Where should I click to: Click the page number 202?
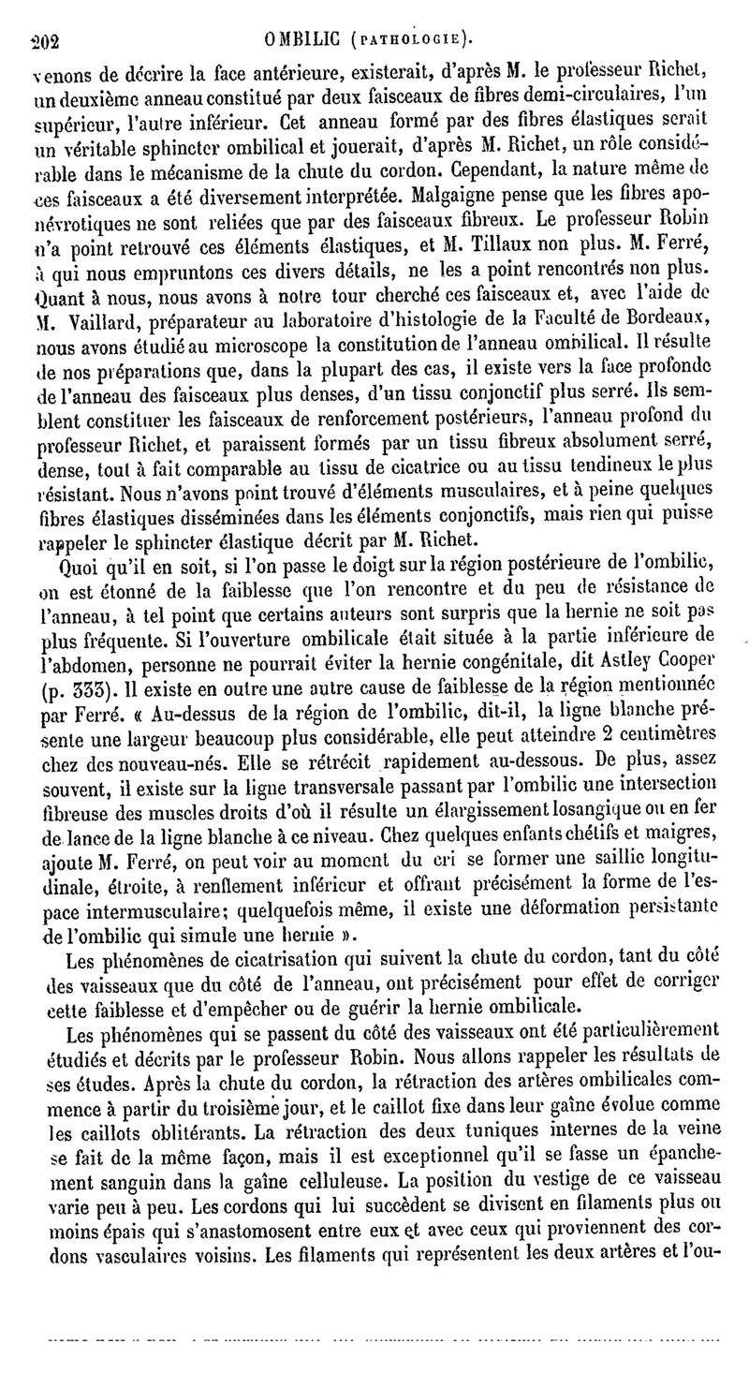click(44, 40)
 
